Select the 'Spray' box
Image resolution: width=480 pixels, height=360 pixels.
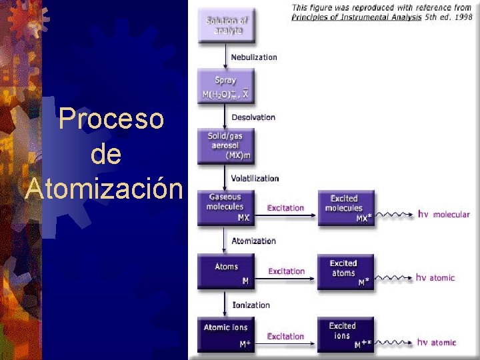(x=226, y=87)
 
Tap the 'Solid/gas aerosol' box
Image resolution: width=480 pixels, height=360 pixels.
(x=225, y=146)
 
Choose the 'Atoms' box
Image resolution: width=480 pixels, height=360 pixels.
(x=226, y=272)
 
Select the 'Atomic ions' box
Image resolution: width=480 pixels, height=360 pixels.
(x=226, y=335)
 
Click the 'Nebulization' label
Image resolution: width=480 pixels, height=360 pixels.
(x=253, y=57)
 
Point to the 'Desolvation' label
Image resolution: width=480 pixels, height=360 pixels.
(x=253, y=117)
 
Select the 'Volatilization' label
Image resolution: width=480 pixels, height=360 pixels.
(x=255, y=179)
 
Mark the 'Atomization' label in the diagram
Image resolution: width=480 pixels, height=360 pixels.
(x=253, y=241)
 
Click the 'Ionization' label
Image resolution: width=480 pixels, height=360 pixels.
(x=251, y=305)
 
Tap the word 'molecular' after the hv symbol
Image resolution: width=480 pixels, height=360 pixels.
(x=451, y=215)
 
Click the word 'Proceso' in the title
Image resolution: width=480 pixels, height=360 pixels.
(x=111, y=119)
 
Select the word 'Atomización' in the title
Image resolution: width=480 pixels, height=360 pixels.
(x=103, y=189)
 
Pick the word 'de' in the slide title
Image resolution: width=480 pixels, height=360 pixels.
(x=105, y=154)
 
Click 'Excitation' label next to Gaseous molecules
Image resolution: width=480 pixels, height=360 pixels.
(x=285, y=208)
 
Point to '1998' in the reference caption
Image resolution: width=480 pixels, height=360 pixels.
(x=463, y=18)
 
